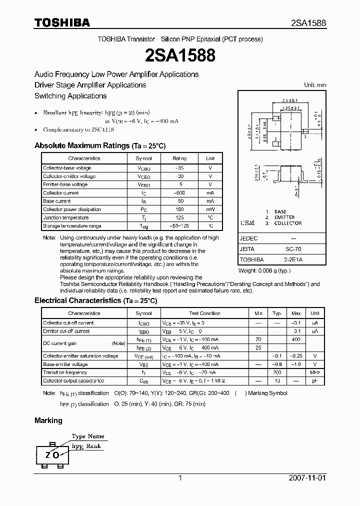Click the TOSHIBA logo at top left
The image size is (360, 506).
point(62,23)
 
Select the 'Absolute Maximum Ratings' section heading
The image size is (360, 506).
point(99,145)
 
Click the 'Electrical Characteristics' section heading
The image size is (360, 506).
point(95,300)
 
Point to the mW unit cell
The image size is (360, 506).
point(210,209)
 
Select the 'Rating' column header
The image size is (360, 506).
point(179,158)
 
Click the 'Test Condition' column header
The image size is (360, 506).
point(204,313)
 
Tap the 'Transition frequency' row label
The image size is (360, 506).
point(65,372)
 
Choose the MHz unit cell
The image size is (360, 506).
point(315,372)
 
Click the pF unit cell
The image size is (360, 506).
point(315,381)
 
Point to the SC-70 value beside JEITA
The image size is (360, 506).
point(293,248)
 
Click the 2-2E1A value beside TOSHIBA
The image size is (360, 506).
point(293,259)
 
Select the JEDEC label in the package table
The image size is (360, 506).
point(248,238)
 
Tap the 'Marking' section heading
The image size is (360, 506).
point(48,420)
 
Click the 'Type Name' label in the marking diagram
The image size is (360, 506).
point(88,436)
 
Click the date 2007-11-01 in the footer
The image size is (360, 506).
point(307,478)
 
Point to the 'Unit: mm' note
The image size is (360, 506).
point(315,85)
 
